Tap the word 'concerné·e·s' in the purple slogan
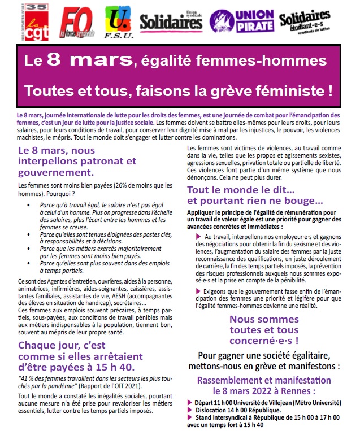264,341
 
